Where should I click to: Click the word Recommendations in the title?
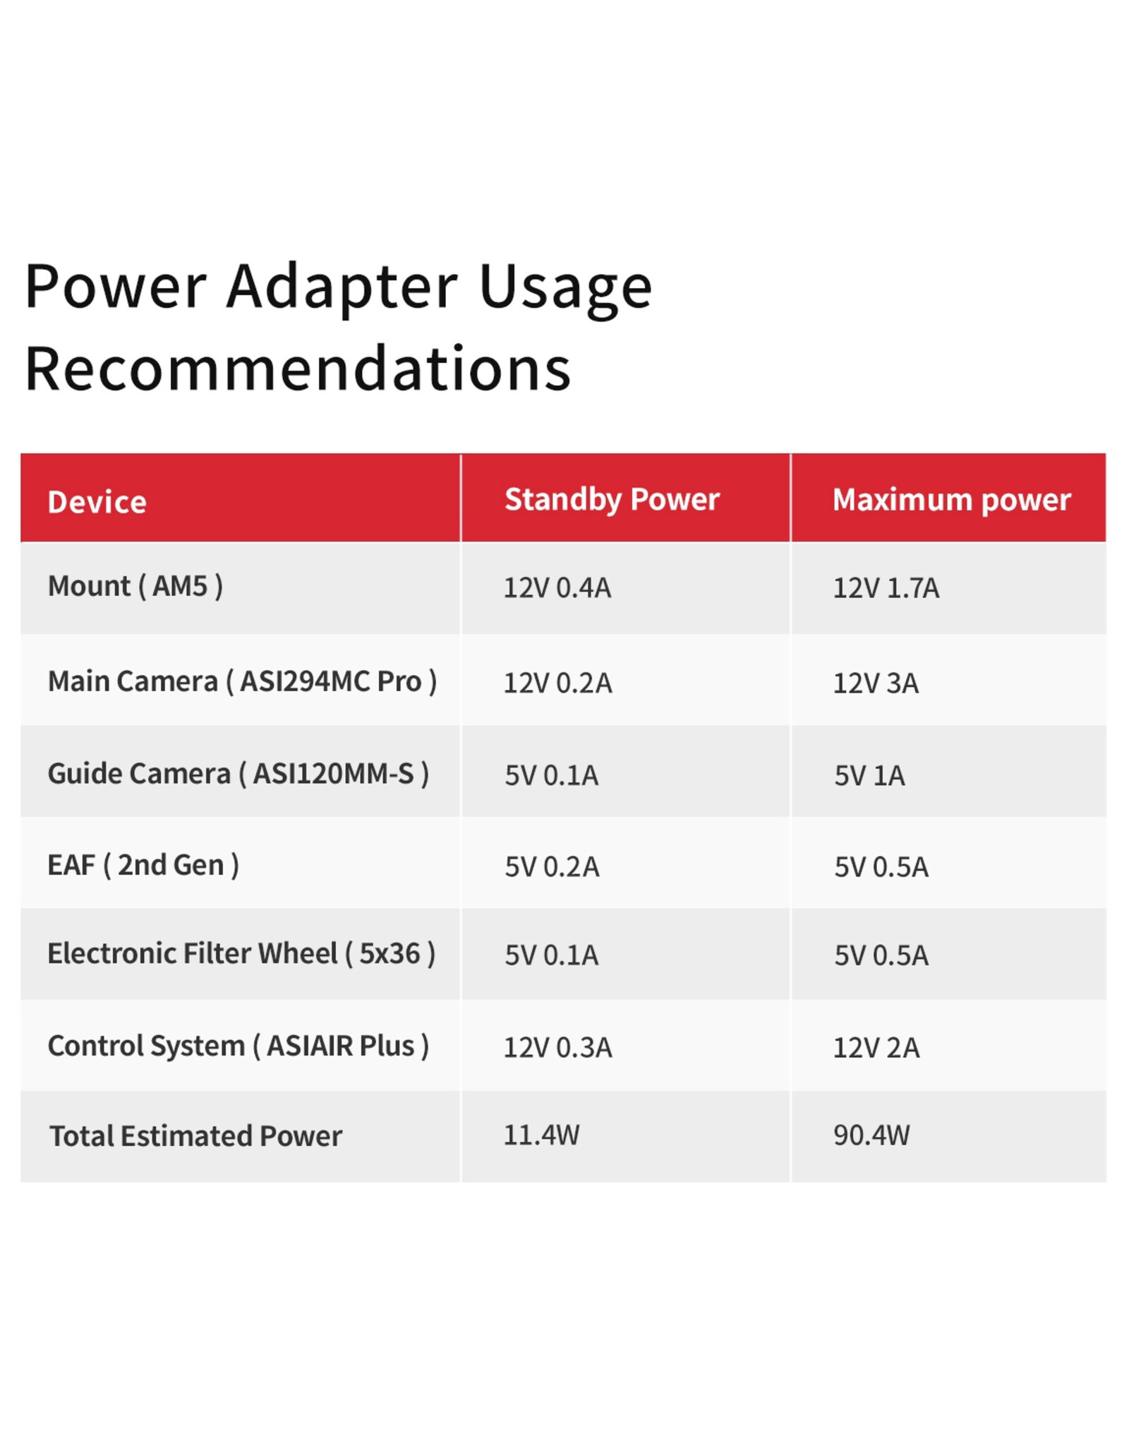pos(298,369)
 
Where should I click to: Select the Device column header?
pos(97,502)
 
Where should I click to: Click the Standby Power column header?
pos(612,500)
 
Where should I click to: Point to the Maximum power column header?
pos(951,500)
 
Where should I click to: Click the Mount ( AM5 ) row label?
pos(135,586)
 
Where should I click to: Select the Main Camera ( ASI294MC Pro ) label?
pos(242,681)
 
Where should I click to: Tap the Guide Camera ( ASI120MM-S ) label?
pos(239,774)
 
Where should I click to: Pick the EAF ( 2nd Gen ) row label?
pos(143,865)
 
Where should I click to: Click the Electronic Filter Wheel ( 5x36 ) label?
pos(241,954)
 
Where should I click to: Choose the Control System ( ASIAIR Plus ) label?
pos(239,1046)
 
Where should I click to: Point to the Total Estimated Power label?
pos(195,1136)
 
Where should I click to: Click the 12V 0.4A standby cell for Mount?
pos(557,588)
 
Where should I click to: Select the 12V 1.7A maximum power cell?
pos(886,588)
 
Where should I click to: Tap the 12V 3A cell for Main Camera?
pos(876,683)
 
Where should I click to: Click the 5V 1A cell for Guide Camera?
pos(869,776)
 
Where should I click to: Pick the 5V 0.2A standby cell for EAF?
pos(552,867)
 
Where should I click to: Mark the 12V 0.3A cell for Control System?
pos(558,1048)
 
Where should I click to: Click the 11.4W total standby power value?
pos(541,1135)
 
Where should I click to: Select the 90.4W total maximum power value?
pos(871,1135)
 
